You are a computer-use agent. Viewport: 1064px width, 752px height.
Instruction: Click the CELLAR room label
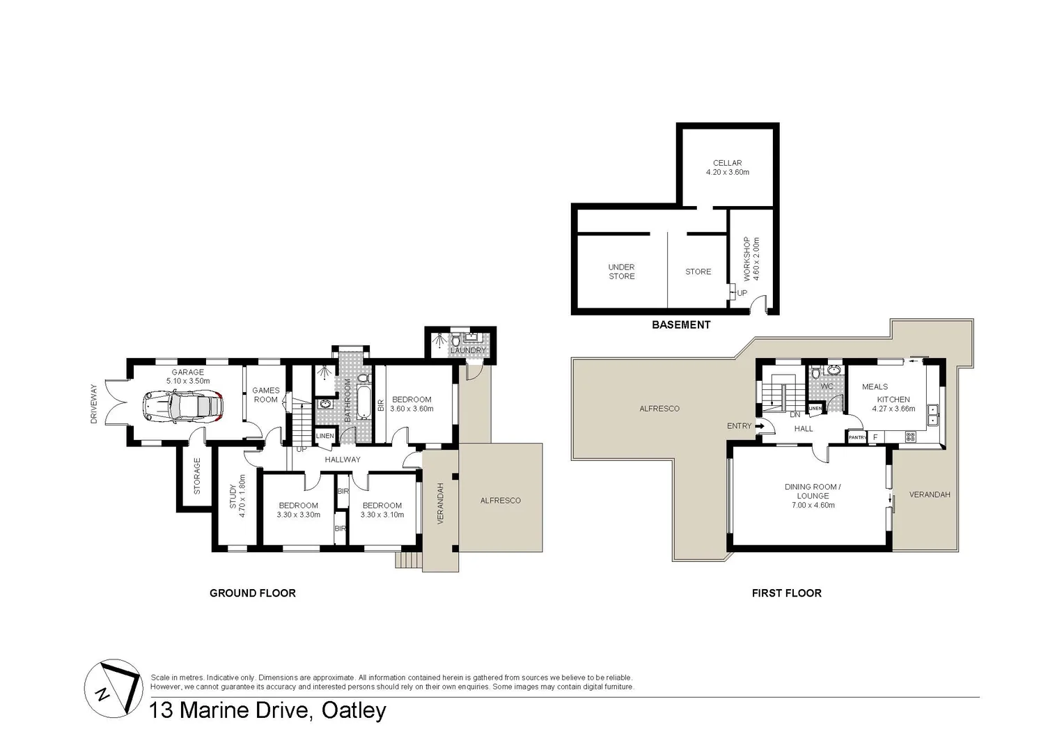click(727, 163)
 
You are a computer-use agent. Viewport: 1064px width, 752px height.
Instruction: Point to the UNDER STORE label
click(621, 272)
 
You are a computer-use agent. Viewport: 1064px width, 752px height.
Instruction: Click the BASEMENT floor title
click(680, 324)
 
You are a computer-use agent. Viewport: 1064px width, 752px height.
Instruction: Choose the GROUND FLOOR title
click(253, 593)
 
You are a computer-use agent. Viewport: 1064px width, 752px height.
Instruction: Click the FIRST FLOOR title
click(786, 593)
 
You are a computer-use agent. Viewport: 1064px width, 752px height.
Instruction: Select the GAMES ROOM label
click(265, 395)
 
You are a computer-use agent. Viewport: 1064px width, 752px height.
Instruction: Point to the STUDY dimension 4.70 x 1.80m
click(242, 495)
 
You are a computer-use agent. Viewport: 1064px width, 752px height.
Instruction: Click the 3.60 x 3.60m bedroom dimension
click(412, 409)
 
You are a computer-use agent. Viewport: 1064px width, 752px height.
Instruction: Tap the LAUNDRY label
click(467, 350)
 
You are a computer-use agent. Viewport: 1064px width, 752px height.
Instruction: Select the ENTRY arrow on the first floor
click(758, 426)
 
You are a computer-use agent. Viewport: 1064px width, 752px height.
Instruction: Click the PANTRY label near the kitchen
click(857, 437)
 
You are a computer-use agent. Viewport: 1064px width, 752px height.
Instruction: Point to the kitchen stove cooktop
click(909, 437)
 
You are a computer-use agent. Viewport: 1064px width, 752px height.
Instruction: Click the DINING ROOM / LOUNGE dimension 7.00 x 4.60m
click(813, 506)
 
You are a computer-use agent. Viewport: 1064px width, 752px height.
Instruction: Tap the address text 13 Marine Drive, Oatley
click(268, 710)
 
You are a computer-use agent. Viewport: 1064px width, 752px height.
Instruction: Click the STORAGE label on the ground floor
click(197, 476)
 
